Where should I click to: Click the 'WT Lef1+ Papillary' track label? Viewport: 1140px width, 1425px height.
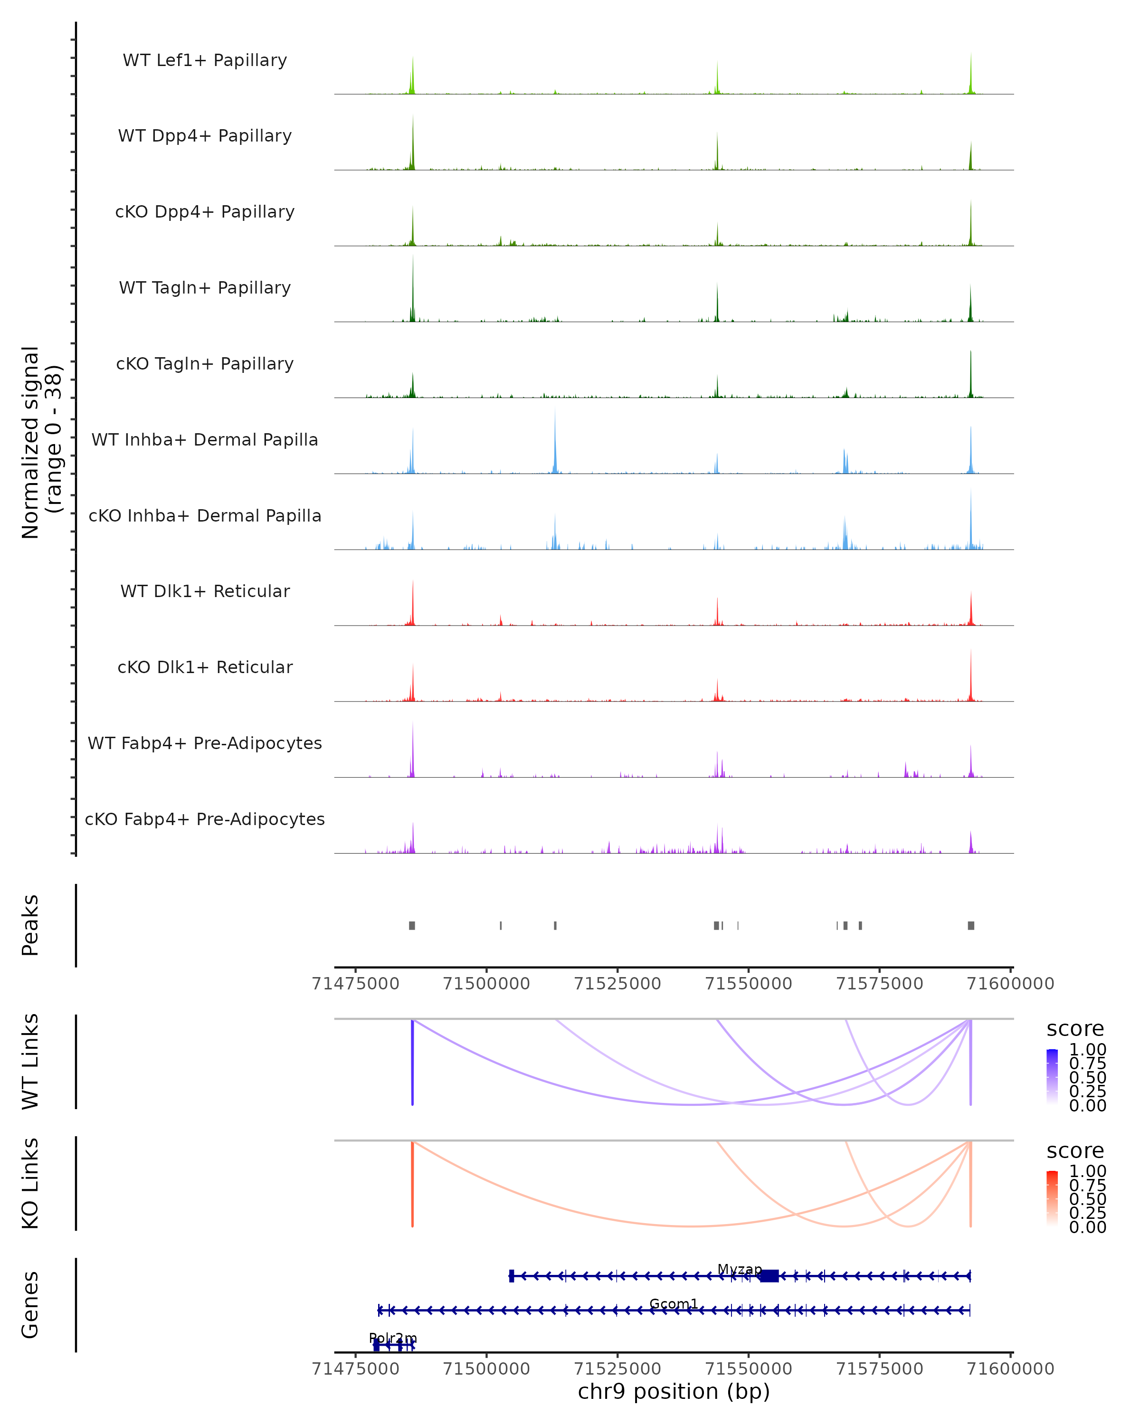tap(205, 60)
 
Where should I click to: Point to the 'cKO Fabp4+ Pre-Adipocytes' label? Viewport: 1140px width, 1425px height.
tap(205, 819)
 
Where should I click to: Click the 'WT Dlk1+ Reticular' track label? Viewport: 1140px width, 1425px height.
tap(205, 591)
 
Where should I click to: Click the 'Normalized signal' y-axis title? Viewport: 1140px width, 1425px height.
tap(41, 442)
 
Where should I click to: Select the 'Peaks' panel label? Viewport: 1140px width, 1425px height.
tap(30, 925)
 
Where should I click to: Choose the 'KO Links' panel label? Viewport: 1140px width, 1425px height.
tap(30, 1183)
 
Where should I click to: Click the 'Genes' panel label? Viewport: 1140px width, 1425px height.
tap(30, 1305)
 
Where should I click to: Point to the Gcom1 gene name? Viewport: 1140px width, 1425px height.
tap(674, 1303)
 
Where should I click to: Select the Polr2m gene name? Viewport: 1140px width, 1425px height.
tap(392, 1339)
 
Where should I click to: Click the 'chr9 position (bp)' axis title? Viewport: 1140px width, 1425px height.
tap(674, 1391)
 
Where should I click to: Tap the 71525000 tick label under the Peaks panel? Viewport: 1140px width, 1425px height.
tap(617, 984)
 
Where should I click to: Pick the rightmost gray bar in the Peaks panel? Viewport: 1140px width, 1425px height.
tap(971, 925)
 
